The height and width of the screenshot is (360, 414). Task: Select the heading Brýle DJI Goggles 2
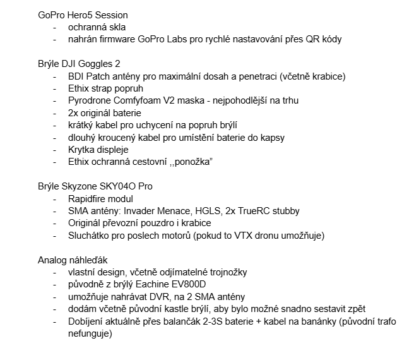click(x=79, y=64)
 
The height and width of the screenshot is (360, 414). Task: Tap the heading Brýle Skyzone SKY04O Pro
click(x=95, y=186)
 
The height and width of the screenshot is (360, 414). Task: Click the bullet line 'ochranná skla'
click(x=97, y=27)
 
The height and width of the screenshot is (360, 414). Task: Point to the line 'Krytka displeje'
click(x=98, y=150)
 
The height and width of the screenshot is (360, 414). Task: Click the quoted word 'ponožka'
click(x=192, y=162)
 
